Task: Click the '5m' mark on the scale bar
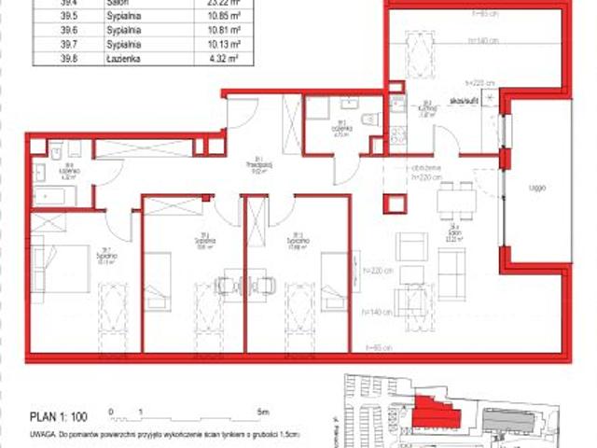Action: tap(263, 411)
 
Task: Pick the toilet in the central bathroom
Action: tap(369, 119)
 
